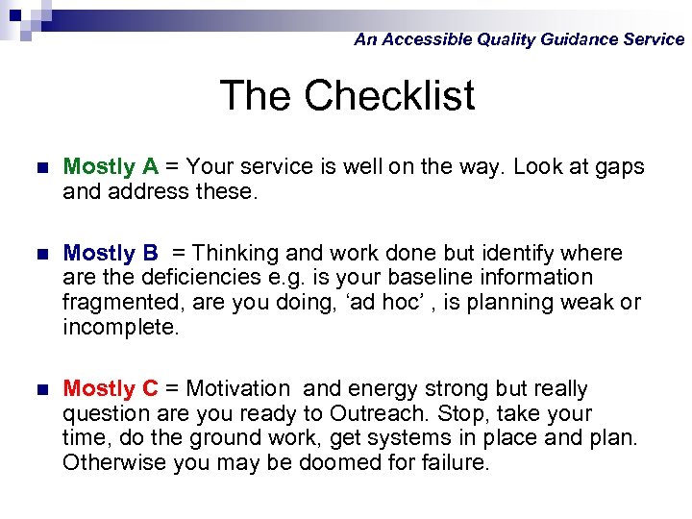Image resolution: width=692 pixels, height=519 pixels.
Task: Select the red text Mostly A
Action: click(111, 166)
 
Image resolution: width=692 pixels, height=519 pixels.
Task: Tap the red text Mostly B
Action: click(111, 254)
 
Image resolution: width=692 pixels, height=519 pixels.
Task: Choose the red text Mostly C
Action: click(111, 389)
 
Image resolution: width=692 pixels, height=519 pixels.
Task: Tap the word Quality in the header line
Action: click(505, 39)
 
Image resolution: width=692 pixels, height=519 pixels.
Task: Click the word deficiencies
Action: click(206, 278)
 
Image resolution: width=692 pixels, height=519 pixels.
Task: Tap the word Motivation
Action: click(237, 389)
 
